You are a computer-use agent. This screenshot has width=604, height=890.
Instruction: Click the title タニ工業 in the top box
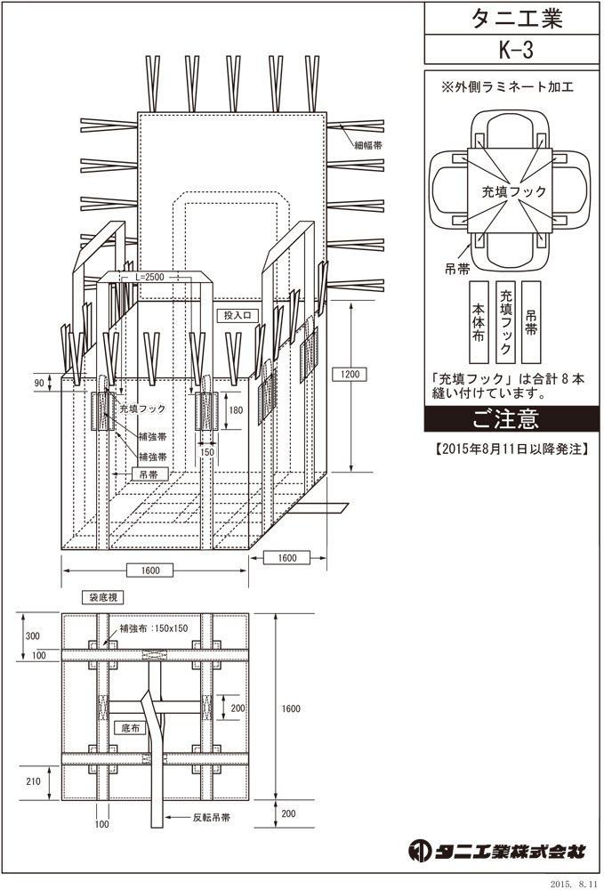(516, 19)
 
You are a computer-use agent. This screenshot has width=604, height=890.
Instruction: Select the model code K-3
(516, 50)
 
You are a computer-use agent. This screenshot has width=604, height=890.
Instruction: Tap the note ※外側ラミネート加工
(507, 87)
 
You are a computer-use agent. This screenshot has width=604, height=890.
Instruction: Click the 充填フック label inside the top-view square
(514, 191)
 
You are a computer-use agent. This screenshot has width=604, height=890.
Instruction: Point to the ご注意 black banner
(511, 419)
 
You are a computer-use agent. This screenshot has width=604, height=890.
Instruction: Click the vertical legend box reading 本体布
(479, 322)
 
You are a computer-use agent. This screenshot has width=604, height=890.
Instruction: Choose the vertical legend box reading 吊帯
(531, 322)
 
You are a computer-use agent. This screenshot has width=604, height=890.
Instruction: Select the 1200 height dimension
(350, 374)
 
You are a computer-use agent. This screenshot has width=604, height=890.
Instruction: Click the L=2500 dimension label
(150, 277)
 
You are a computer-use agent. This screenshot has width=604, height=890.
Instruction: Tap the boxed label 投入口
(237, 316)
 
